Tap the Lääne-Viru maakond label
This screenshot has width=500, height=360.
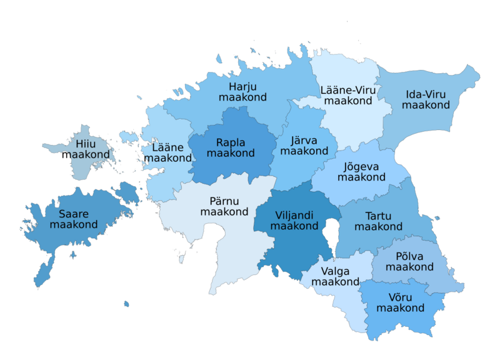(x=349, y=95)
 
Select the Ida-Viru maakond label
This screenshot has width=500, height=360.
(x=426, y=100)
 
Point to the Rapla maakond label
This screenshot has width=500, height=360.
(x=231, y=147)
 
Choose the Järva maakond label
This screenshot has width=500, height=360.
(x=304, y=146)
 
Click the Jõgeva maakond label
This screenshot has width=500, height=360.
(x=362, y=172)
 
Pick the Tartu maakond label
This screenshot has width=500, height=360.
(x=378, y=221)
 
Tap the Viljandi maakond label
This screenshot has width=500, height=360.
(x=295, y=221)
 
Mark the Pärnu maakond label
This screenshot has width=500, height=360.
(x=224, y=206)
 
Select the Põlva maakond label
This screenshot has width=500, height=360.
(x=409, y=262)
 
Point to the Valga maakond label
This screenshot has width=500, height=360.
(x=335, y=276)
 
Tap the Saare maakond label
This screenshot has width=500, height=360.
(x=74, y=219)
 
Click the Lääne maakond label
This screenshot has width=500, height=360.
(x=167, y=153)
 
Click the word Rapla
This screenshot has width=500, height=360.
(x=231, y=142)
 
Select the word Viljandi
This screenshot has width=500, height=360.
(x=295, y=215)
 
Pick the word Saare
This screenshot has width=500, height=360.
(x=74, y=213)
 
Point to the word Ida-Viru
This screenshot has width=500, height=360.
(x=426, y=94)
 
